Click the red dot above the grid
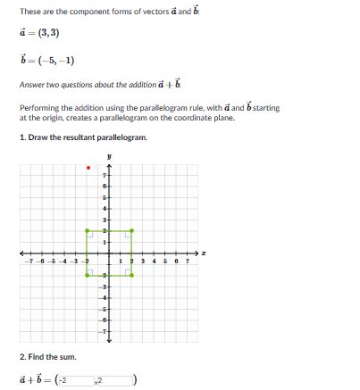point(88,167)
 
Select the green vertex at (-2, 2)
point(87,231)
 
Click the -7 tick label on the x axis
point(31,261)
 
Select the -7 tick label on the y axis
point(104,331)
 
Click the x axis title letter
point(204,253)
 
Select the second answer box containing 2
point(115,381)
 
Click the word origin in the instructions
point(53,117)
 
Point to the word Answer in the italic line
point(32,86)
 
